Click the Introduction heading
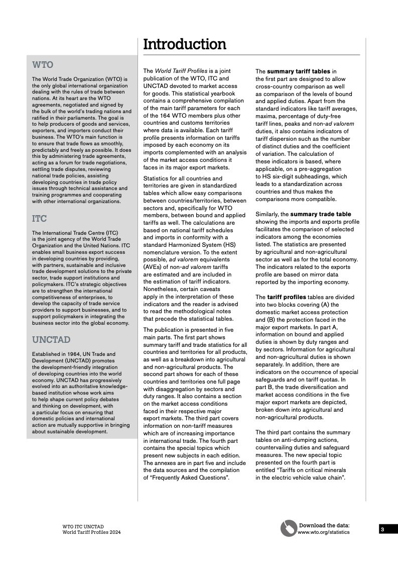pyautogui.click(x=185, y=44)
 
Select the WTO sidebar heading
pyautogui.click(x=43, y=65)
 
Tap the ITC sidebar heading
pyautogui.click(x=40, y=219)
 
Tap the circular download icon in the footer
pyautogui.click(x=289, y=528)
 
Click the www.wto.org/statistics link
pyautogui.click(x=323, y=532)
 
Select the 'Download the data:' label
pyautogui.click(x=324, y=525)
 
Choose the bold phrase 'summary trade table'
pyautogui.click(x=321, y=214)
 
